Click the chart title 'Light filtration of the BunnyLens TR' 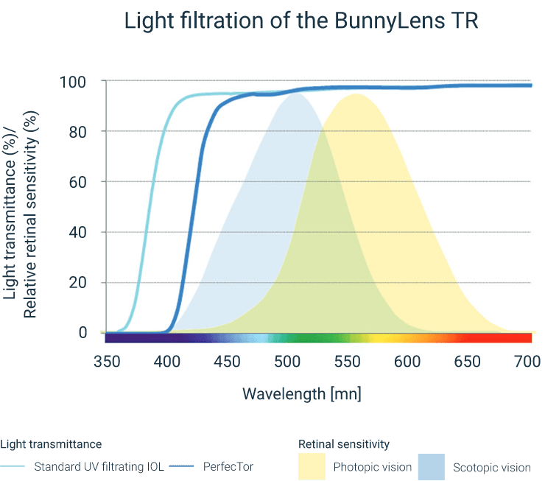pyautogui.click(x=301, y=21)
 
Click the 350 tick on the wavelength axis pyautogui.click(x=108, y=362)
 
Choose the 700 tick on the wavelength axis pyautogui.click(x=527, y=362)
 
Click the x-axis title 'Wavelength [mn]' pyautogui.click(x=302, y=393)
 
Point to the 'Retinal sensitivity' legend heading pyautogui.click(x=344, y=444)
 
